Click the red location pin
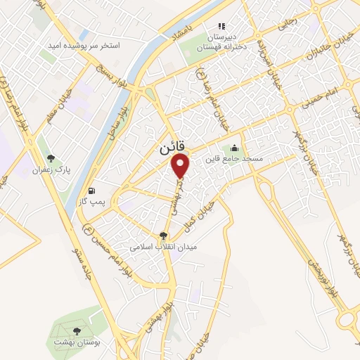point(181,165)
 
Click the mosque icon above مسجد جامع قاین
point(234,148)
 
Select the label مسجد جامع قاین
point(234,160)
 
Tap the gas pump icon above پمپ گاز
point(92,191)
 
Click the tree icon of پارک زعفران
point(49,157)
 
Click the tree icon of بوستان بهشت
point(76,330)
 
